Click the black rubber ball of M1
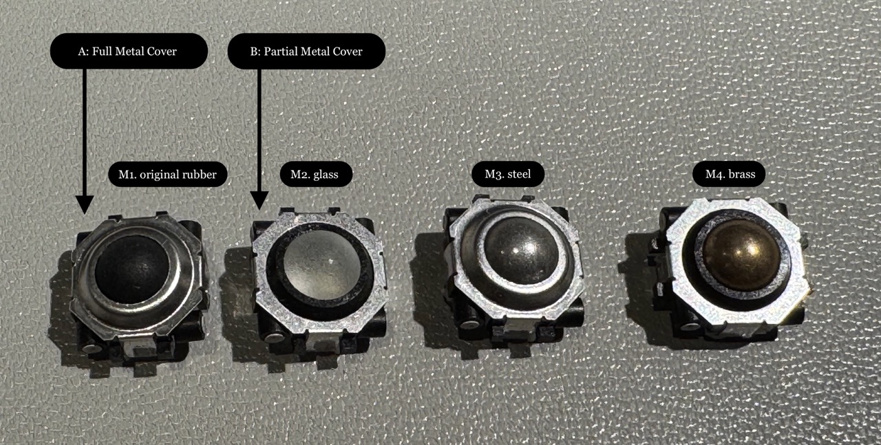(132, 270)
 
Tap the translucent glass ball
(321, 265)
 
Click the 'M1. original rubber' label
(167, 174)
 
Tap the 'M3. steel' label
(508, 174)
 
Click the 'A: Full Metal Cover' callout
(129, 51)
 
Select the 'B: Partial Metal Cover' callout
(306, 52)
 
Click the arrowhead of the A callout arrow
(85, 204)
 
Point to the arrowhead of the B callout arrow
(259, 200)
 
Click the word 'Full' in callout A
(100, 51)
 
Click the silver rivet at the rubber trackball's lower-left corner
(92, 348)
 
